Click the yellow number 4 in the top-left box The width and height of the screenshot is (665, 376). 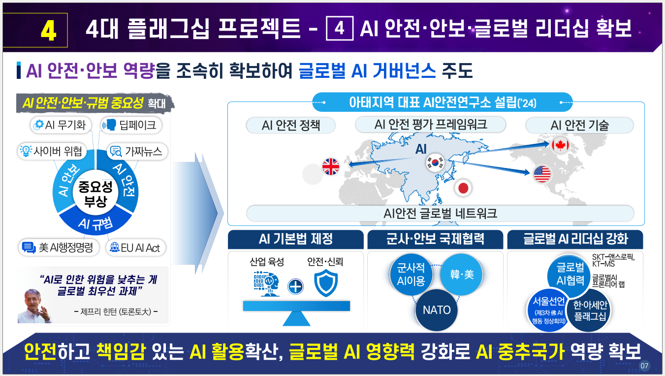coord(48,31)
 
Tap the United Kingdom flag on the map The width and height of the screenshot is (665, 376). coord(331,167)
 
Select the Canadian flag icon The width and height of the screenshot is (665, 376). coord(560,144)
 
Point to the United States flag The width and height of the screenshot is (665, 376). coord(541,174)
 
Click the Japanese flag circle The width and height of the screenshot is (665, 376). coord(463,187)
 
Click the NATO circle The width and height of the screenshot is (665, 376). coord(437,310)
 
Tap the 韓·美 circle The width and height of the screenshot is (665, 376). coord(462,274)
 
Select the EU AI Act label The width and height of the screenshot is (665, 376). coord(135,247)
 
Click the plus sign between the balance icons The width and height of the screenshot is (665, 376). coord(295,286)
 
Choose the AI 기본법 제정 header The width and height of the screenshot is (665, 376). coord(295,239)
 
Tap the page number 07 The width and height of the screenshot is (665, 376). coord(645,366)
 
